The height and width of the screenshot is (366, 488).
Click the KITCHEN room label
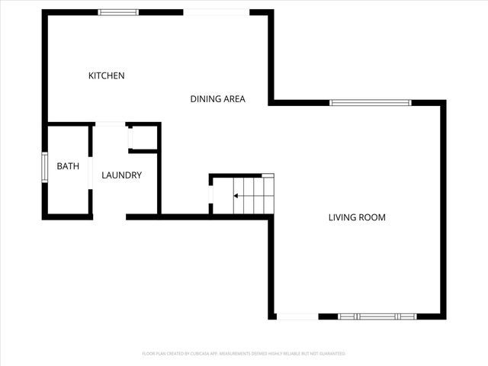[107, 75]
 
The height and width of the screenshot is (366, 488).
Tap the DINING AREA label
[217, 98]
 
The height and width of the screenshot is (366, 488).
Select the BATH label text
[68, 166]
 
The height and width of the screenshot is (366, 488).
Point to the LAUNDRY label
[122, 175]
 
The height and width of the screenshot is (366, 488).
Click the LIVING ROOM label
[357, 217]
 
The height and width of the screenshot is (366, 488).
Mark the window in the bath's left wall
[44, 168]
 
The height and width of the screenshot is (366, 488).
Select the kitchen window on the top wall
[118, 12]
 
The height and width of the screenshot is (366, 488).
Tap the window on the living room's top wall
[371, 102]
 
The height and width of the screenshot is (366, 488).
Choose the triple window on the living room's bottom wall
[377, 316]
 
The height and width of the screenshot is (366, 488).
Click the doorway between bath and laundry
[90, 172]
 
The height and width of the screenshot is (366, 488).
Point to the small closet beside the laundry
[144, 137]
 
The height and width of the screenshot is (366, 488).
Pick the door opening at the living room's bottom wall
[297, 316]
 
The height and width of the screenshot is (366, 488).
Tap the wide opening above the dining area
[217, 12]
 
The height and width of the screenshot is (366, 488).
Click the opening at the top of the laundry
[110, 124]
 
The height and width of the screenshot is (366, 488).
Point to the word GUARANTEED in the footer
[332, 354]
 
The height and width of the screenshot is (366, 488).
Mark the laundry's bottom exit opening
[109, 217]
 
